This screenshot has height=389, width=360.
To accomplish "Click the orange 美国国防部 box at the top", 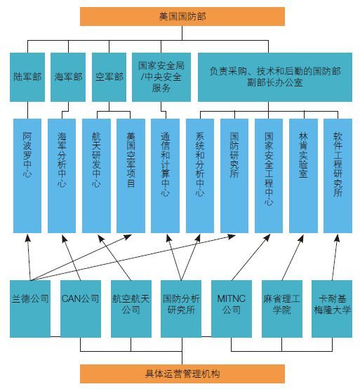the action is [x=182, y=16].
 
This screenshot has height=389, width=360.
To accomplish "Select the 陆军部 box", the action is [x=27, y=77].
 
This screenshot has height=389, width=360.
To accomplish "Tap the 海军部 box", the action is [x=68, y=77].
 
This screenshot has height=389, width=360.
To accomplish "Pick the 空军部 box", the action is [x=109, y=77].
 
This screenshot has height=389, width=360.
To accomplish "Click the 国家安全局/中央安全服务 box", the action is [x=161, y=77].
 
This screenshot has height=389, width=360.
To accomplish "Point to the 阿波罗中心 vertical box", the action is [x=27, y=176].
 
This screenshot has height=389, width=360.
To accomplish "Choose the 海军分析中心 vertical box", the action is [x=62, y=176].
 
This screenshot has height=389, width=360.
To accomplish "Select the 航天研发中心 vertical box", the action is [x=96, y=176].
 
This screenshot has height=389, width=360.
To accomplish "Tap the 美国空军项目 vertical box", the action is [x=131, y=176].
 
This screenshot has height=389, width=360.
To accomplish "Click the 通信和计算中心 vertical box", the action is [x=165, y=176].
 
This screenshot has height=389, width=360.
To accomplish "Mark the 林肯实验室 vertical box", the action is [x=303, y=176].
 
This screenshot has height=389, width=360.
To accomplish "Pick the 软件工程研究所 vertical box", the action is [x=338, y=176].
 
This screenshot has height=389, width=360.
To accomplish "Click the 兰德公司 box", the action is [x=30, y=309].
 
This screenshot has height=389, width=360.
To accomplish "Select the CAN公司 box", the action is [x=81, y=309].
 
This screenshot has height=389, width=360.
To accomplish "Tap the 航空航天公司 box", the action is [x=131, y=309].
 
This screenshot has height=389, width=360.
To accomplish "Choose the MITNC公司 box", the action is [x=232, y=309].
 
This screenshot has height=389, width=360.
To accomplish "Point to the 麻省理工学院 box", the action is [x=282, y=309].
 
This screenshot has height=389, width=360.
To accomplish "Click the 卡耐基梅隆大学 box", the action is [x=332, y=309].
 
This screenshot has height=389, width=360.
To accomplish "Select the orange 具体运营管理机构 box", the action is [x=182, y=374].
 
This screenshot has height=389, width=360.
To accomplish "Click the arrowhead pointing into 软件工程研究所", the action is [x=337, y=238].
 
